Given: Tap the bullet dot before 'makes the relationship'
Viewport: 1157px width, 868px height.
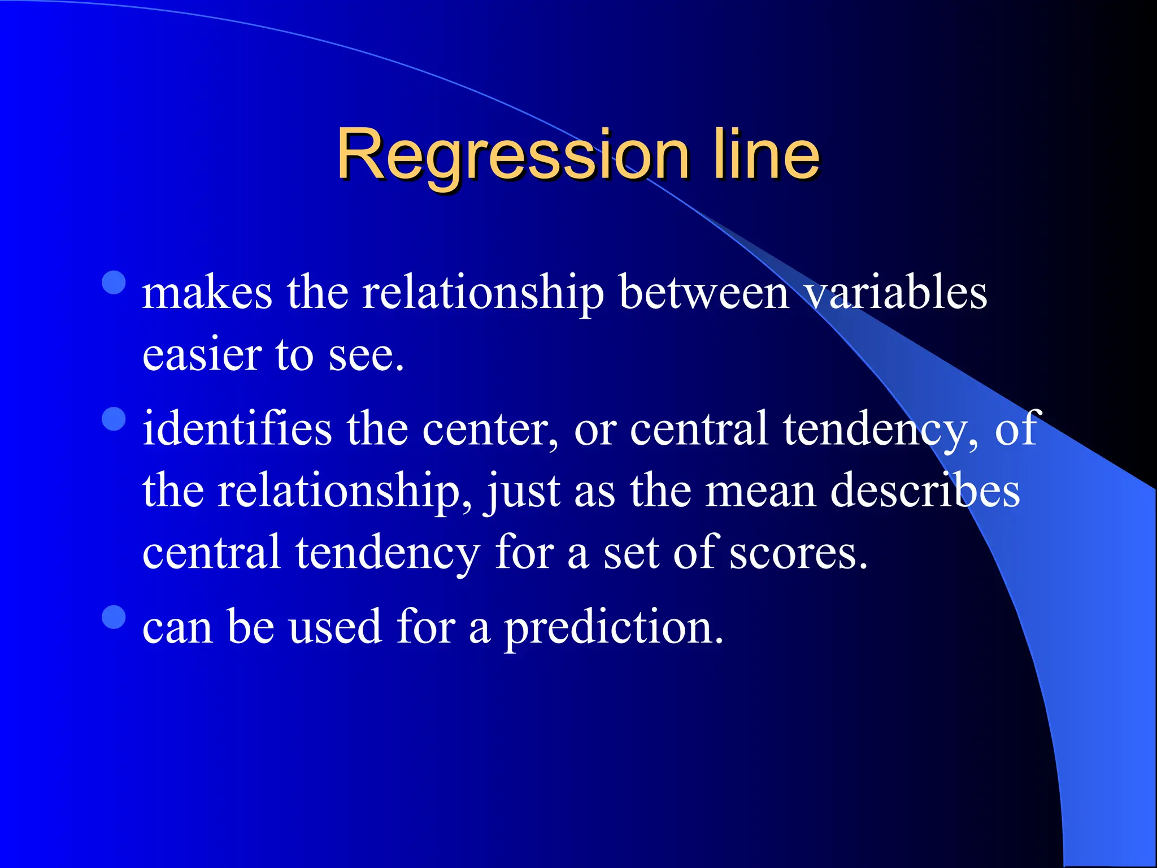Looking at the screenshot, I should [114, 283].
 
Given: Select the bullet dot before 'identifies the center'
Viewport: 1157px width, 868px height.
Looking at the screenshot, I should [114, 419].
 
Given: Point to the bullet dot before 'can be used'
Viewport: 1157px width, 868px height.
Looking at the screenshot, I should [114, 617].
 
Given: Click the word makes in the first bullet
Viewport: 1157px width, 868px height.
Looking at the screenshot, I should [207, 294].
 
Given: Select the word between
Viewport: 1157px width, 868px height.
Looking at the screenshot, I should [703, 294].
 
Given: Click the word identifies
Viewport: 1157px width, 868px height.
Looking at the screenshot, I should [237, 429].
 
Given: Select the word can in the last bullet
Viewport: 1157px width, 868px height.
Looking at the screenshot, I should [177, 628].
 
